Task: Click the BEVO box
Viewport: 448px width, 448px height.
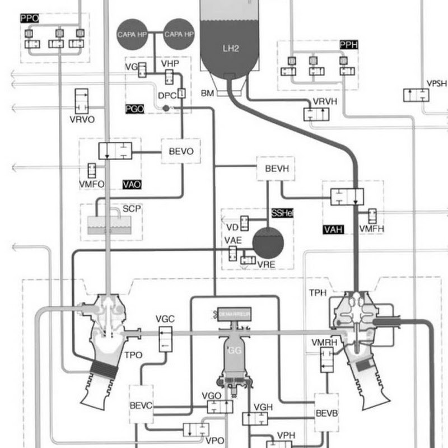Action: (x=181, y=151)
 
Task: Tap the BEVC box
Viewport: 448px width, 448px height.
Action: (x=141, y=404)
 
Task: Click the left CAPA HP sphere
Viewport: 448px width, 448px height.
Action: (x=132, y=34)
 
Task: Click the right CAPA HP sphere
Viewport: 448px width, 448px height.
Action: (x=179, y=34)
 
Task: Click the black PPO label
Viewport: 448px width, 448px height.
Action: (x=29, y=18)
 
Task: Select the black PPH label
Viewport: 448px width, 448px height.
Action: (x=348, y=44)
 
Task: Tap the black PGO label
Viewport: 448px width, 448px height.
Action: (x=134, y=109)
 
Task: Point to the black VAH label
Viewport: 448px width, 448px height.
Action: (x=333, y=229)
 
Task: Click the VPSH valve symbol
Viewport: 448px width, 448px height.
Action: (x=416, y=95)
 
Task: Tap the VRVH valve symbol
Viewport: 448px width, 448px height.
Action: (x=316, y=114)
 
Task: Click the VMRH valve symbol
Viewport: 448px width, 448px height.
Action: (x=326, y=359)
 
